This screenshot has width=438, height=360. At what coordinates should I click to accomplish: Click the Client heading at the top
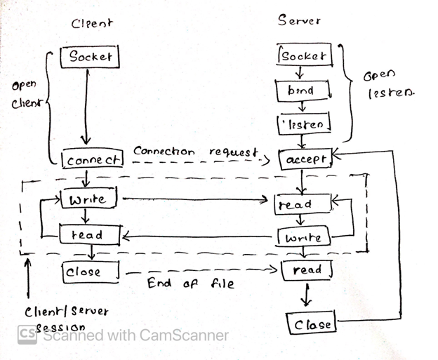click(x=92, y=23)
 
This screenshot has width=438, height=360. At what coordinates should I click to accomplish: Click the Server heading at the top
click(x=300, y=20)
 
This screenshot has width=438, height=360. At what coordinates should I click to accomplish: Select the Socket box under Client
click(x=90, y=56)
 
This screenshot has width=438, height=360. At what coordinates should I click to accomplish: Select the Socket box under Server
click(x=303, y=55)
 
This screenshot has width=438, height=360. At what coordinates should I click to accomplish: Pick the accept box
click(x=304, y=159)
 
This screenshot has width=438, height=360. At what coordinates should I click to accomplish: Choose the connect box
click(x=93, y=160)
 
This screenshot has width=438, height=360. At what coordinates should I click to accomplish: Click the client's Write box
click(x=88, y=199)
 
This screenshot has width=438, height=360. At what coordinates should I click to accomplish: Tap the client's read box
click(x=88, y=235)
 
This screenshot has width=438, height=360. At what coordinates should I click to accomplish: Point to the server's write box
click(x=303, y=238)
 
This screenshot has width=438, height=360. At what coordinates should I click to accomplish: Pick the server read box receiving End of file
click(x=306, y=269)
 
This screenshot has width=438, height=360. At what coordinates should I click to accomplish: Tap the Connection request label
click(x=195, y=152)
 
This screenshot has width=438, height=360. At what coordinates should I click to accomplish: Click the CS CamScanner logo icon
click(x=27, y=335)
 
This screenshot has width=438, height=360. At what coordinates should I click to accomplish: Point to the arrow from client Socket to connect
click(x=87, y=105)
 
